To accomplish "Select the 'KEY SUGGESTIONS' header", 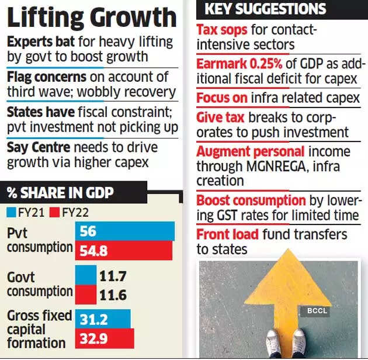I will point(265,9).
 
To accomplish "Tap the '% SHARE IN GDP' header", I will point(61,192).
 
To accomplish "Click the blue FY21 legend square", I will point(12,212).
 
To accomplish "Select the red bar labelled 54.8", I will point(124,250).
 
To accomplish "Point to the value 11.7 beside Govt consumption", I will point(113,275).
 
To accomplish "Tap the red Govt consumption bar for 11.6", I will point(85,293).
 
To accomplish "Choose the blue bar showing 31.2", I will point(103,319).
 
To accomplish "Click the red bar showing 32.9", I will point(105,338).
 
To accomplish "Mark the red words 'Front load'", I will point(228,235).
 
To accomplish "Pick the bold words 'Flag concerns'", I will point(46,77).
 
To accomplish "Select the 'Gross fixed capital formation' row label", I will point(38,329).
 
